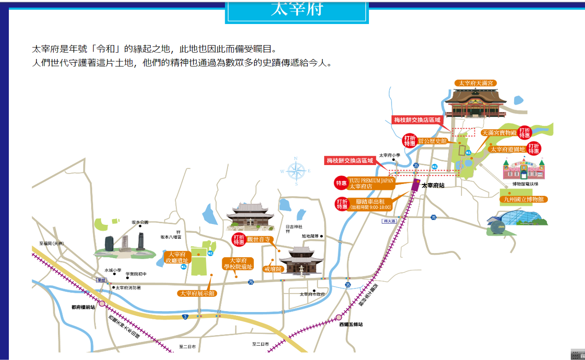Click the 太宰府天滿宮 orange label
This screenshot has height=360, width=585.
[x=476, y=83]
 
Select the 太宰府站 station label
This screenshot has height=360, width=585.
[x=433, y=186]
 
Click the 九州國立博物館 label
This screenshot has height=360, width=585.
[x=524, y=200]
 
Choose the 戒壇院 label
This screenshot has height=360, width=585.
[x=272, y=268]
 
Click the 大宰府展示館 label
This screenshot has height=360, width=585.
[x=197, y=293]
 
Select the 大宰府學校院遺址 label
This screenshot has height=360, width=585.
[x=238, y=264]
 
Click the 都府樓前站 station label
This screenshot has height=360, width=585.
[x=83, y=307]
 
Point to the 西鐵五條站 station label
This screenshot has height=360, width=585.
[x=351, y=325]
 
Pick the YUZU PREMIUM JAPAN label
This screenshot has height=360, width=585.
[x=371, y=183]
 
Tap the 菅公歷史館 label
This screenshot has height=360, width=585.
[x=433, y=141]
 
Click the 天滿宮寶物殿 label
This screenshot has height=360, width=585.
[x=499, y=133]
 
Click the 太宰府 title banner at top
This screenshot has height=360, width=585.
[x=297, y=10]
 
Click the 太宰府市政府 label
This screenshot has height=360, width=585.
[x=312, y=294]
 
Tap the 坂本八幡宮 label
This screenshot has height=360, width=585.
[x=171, y=237]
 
